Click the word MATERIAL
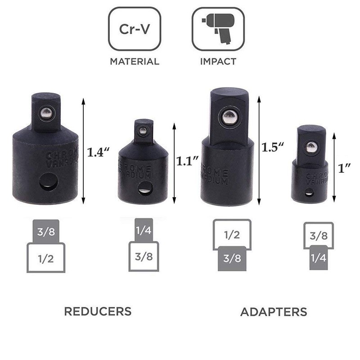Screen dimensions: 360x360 click(x=135, y=62)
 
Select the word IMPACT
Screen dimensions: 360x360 click(x=218, y=62)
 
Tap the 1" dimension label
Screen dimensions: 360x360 click(x=346, y=168)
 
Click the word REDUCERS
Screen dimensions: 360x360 click(x=98, y=311)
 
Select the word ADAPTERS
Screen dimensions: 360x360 click(x=274, y=311)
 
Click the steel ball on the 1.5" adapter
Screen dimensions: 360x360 click(x=229, y=118)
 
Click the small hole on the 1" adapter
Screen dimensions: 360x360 click(x=309, y=194)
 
